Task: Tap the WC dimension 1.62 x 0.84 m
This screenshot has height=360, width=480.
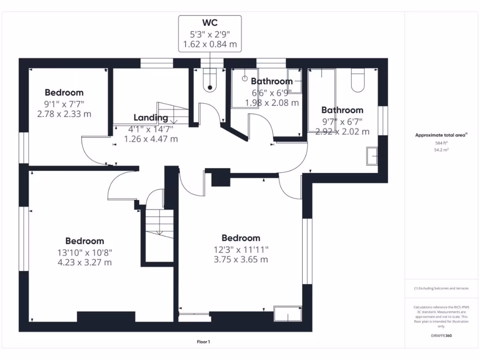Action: click(210, 45)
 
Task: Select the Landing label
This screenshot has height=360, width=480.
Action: click(150, 118)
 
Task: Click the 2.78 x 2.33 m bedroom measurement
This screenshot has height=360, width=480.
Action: click(64, 113)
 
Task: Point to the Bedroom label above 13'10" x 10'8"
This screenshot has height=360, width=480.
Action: click(84, 241)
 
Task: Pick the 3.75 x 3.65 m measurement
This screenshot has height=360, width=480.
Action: click(240, 259)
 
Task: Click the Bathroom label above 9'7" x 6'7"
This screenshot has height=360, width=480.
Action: click(342, 110)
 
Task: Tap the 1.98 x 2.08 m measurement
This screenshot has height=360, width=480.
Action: click(271, 102)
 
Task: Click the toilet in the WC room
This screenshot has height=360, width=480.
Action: click(210, 80)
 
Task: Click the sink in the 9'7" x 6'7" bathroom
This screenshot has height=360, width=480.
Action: click(373, 156)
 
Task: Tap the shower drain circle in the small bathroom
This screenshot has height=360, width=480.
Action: click(244, 79)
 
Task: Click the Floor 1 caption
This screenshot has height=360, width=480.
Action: click(203, 342)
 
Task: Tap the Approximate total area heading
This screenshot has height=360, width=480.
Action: click(441, 135)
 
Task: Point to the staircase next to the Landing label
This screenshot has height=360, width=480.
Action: click(172, 114)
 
